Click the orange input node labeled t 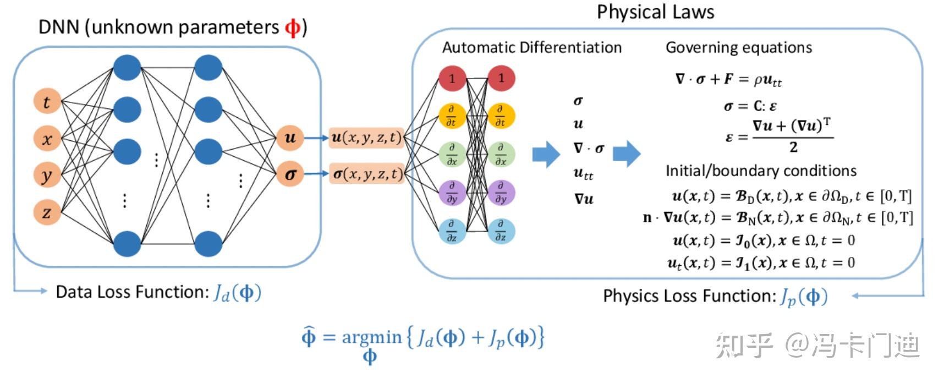click(47, 101)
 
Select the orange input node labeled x click(47, 139)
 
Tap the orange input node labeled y click(47, 176)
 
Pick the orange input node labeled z click(47, 212)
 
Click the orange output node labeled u click(290, 138)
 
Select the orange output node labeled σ click(290, 174)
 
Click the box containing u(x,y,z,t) click(366, 138)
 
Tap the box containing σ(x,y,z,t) click(366, 174)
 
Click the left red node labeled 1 click(452, 78)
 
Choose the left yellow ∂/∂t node click(452, 116)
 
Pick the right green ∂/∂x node click(501, 155)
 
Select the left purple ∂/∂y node click(452, 193)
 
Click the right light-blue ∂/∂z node click(501, 231)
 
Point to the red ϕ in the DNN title click(293, 27)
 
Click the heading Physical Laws click(655, 12)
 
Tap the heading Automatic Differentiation click(531, 48)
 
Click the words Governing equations click(738, 48)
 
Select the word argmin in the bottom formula click(372, 337)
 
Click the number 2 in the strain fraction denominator click(793, 147)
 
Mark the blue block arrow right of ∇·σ click(627, 154)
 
